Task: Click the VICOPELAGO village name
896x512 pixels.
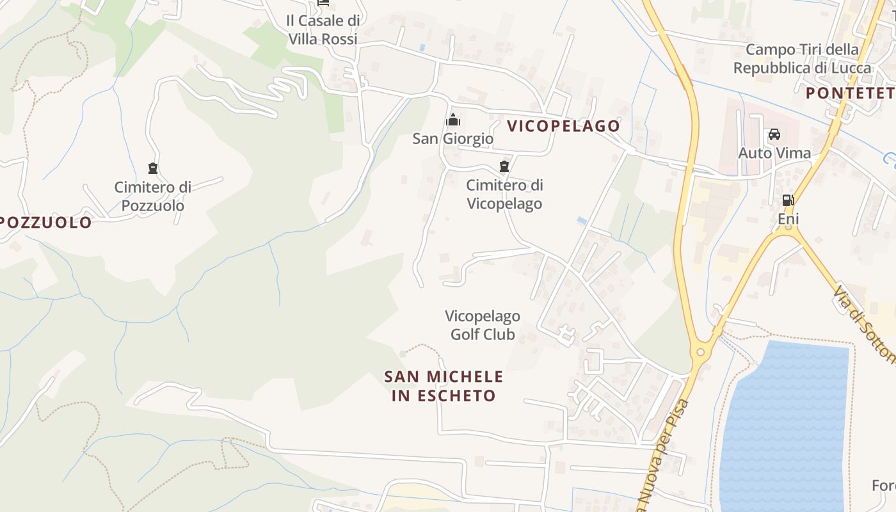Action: pos(563,126)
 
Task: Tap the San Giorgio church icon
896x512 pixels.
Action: pos(453,120)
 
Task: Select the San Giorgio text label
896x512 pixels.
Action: pos(452,138)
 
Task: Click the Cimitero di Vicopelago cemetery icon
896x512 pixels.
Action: pos(504,167)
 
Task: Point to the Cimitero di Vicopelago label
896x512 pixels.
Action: pos(504,195)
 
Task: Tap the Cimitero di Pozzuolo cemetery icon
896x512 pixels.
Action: pos(152,168)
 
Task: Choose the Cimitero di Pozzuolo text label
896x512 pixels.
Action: pos(152,196)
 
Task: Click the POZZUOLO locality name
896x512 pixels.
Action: pos(46,223)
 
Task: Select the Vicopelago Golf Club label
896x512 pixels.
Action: pos(483,325)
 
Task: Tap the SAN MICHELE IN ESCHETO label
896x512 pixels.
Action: pos(444,386)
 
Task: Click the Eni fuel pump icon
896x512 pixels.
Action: pos(788,200)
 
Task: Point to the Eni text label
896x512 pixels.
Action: pos(788,220)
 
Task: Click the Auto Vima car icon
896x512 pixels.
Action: pos(774,134)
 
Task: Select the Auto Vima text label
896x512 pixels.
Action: pos(774,153)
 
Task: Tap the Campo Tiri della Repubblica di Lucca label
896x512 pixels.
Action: pos(803,59)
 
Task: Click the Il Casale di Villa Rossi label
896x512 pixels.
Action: pos(323,29)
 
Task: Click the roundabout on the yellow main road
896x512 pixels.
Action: pos(700,351)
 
